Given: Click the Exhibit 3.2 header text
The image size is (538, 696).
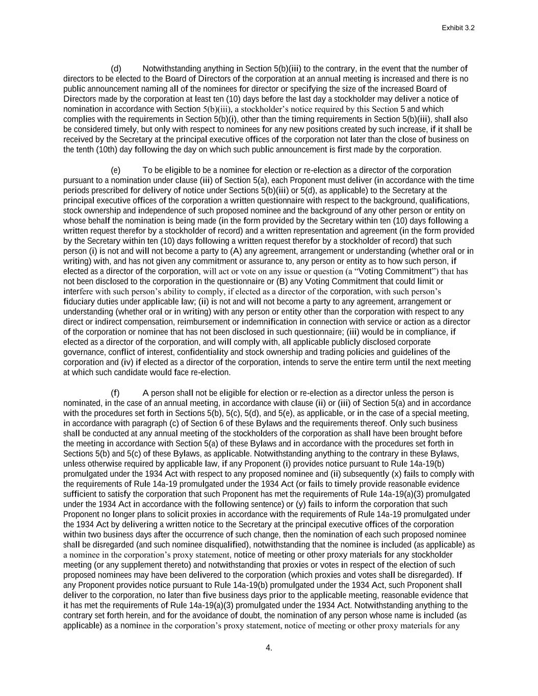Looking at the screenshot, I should pos(458,28).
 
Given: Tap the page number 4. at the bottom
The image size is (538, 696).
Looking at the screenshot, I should pos(269,648).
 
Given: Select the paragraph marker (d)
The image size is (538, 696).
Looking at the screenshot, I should pos(116,69).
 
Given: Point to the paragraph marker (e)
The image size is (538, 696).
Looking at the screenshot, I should pos(116,170).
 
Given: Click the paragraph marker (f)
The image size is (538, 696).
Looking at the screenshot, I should pos(115,393).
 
